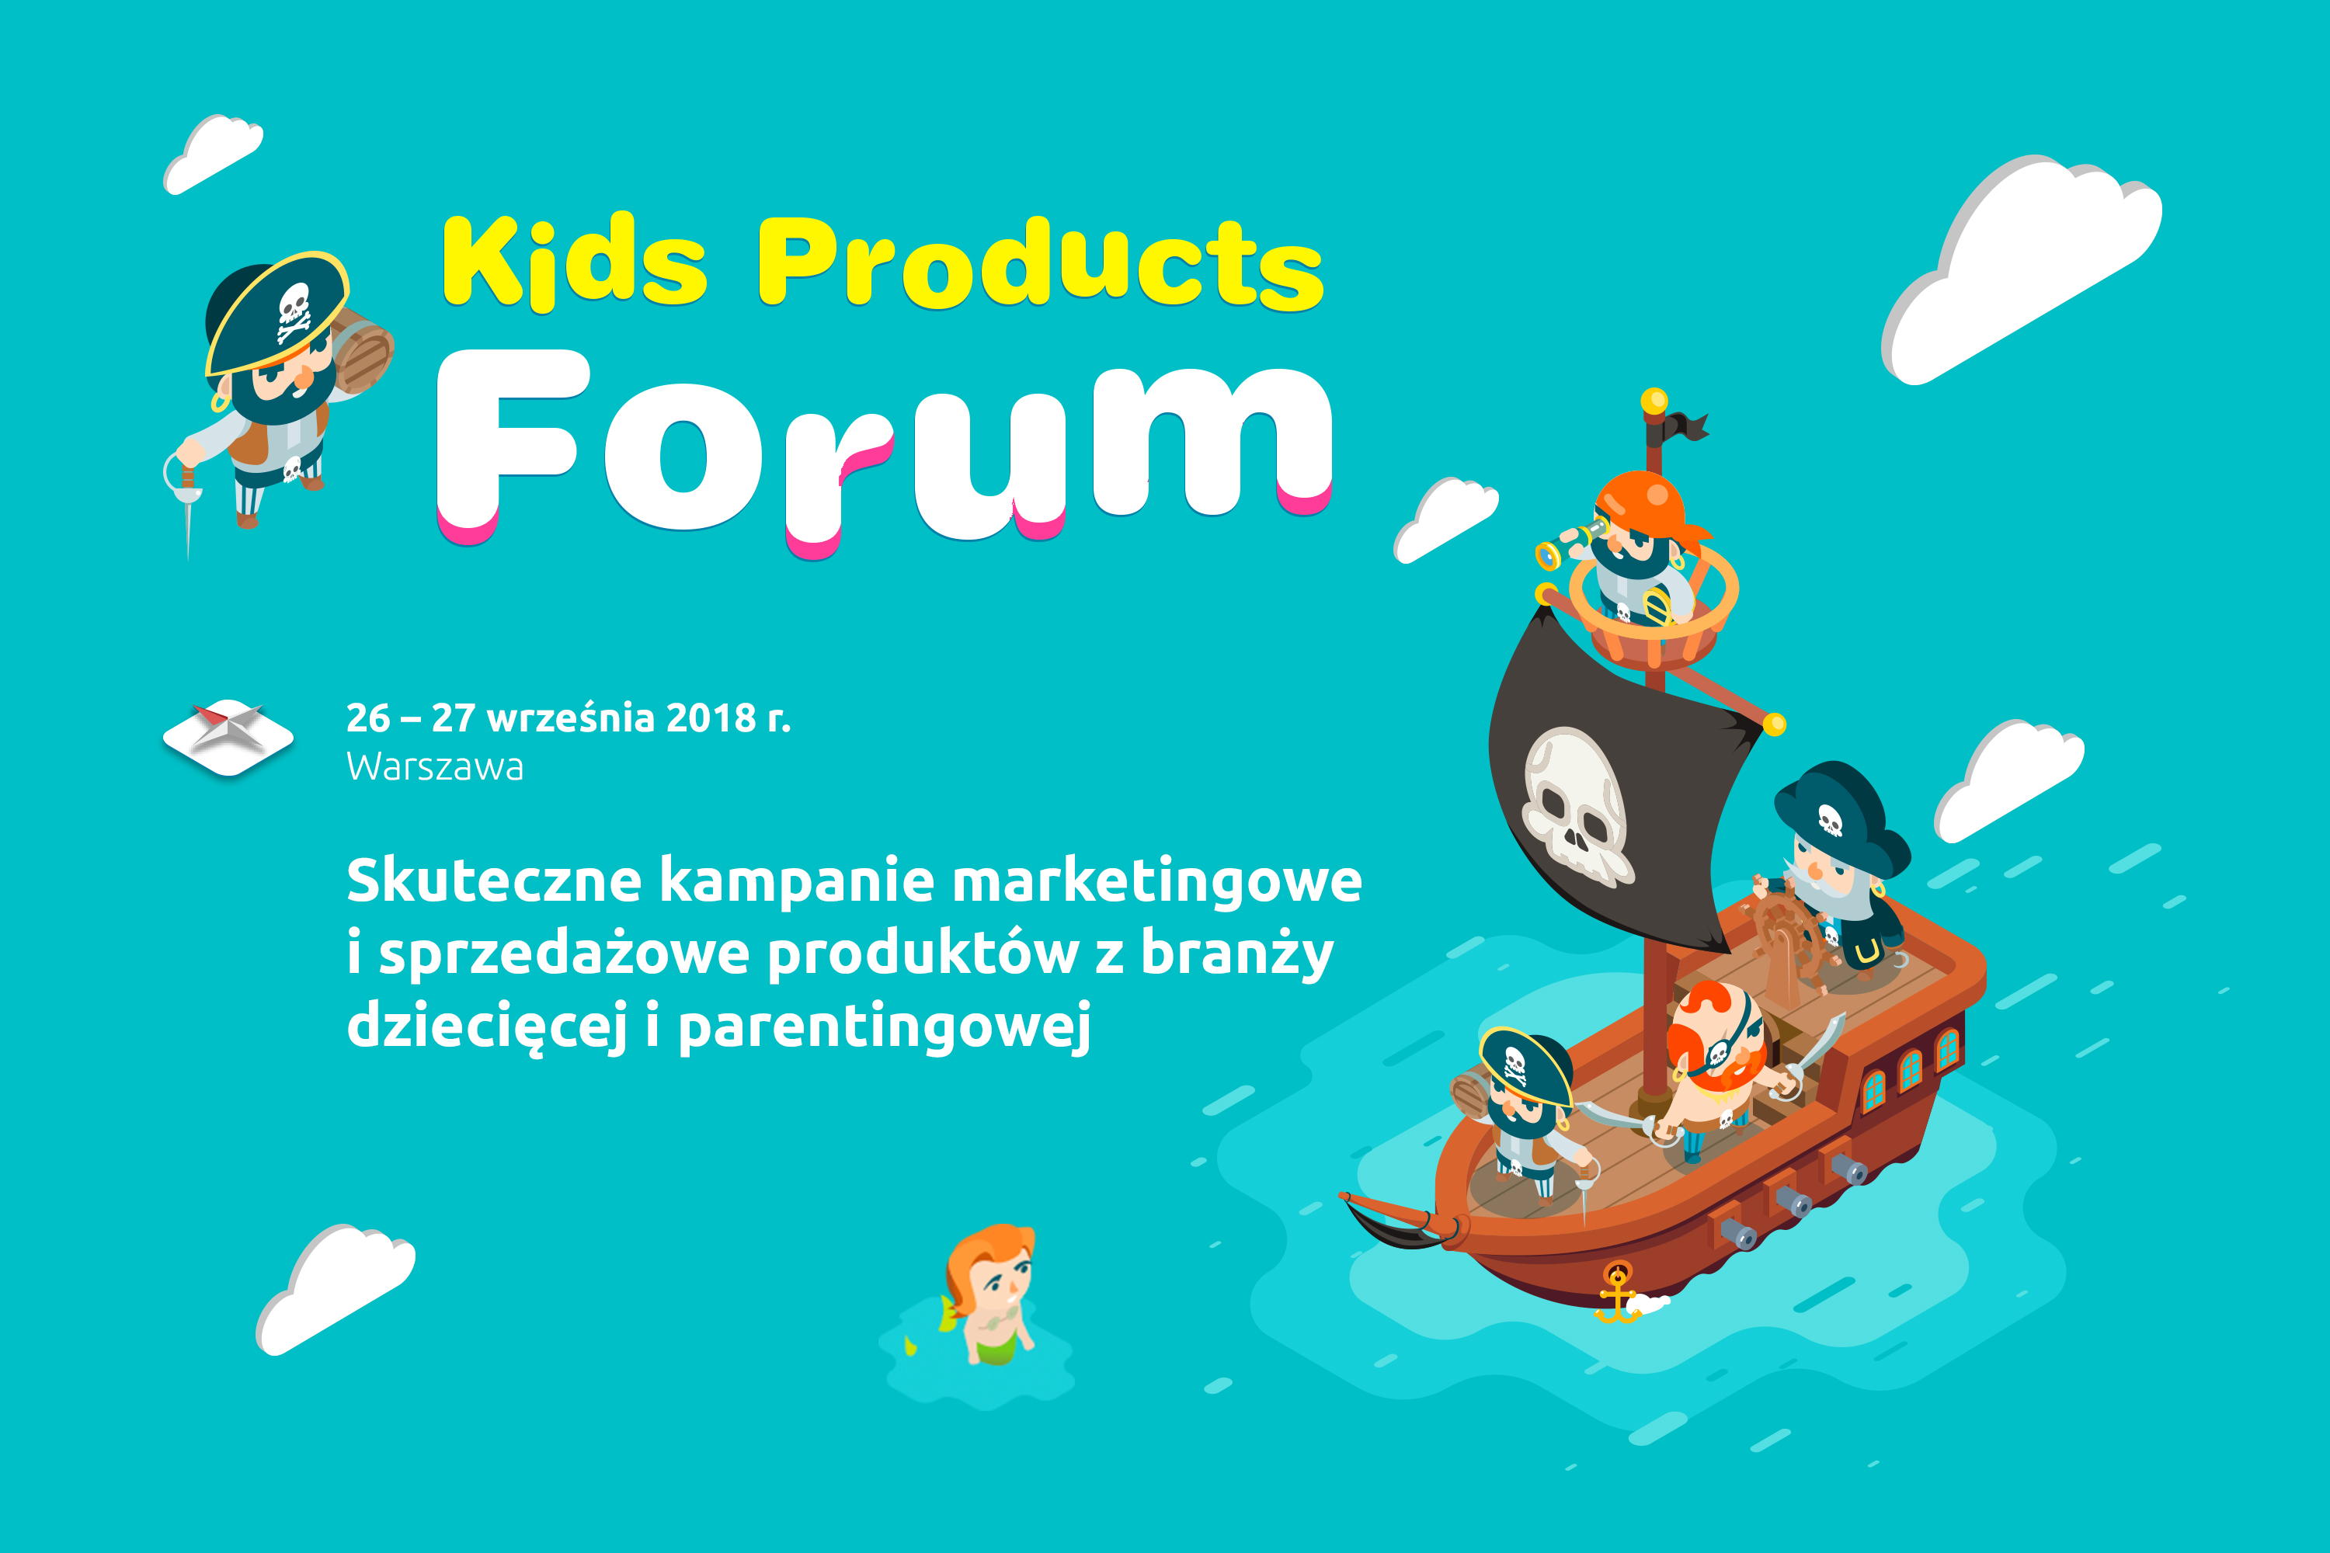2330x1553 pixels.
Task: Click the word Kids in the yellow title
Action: (x=575, y=259)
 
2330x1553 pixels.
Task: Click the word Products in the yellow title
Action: (x=1040, y=262)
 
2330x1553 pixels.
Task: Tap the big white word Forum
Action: (x=885, y=450)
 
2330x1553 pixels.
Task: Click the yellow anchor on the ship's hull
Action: (x=1617, y=1293)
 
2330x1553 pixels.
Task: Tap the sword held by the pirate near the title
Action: (x=186, y=506)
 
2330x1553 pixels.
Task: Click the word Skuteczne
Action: (x=494, y=880)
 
